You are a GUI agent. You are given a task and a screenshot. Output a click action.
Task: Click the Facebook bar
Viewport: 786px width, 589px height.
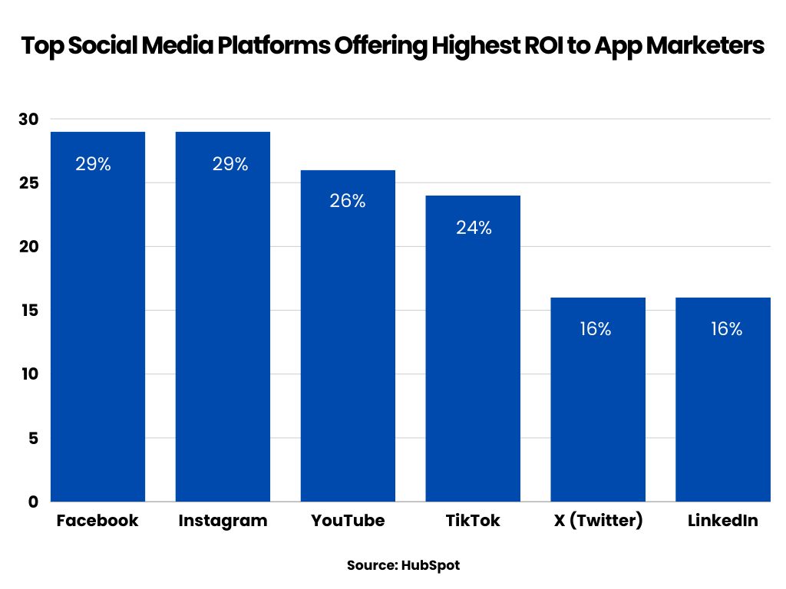97,322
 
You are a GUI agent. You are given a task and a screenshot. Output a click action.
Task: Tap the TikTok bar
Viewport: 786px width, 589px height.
473,353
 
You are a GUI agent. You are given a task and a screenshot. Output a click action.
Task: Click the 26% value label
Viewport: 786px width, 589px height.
348,202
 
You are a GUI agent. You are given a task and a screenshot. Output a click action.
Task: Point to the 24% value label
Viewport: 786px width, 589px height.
474,228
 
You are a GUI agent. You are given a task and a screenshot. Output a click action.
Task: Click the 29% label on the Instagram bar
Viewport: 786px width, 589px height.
230,164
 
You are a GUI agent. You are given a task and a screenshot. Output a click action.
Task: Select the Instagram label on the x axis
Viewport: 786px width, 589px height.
223,521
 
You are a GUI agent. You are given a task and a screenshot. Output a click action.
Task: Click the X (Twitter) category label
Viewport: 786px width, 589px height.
598,521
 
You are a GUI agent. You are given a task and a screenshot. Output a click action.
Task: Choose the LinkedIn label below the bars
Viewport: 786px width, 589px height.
722,521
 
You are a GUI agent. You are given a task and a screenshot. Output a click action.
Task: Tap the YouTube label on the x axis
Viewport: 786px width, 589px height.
348,521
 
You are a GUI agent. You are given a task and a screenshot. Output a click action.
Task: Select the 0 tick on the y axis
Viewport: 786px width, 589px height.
34,502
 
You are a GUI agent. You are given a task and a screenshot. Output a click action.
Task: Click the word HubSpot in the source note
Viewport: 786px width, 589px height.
430,565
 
